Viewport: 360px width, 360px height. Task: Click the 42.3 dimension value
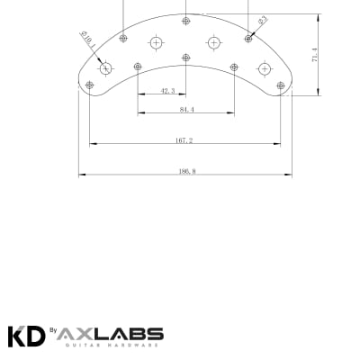(167, 91)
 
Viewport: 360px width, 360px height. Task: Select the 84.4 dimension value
(187, 109)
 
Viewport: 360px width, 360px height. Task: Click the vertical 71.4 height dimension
(315, 55)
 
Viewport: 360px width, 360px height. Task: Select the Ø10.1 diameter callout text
(88, 42)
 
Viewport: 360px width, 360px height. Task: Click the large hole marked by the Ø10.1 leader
(106, 68)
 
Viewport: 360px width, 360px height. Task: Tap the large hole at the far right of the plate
(265, 68)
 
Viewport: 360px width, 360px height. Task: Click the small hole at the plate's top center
(186, 20)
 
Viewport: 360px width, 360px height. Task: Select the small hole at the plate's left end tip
(89, 85)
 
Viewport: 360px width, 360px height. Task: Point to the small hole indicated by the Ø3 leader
(248, 38)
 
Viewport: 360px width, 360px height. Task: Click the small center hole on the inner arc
(186, 58)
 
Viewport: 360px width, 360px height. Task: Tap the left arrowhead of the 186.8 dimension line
(81, 174)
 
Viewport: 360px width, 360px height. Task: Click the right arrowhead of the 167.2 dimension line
(278, 144)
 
